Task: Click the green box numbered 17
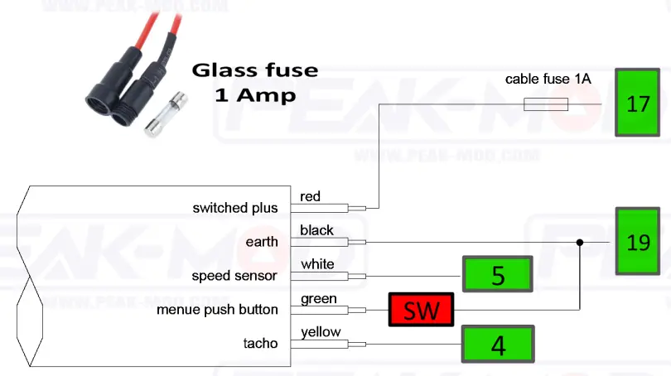pos(638,104)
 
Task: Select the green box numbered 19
pos(638,241)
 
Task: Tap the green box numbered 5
pos(498,275)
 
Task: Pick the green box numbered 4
pos(498,344)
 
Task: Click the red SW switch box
pos(421,310)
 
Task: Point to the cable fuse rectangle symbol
pos(546,104)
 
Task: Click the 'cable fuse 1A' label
pos(548,80)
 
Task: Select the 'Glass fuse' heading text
pos(254,70)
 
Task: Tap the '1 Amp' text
pos(254,94)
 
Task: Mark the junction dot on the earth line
pos(579,242)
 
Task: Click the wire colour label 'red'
pos(310,196)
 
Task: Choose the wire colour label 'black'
pos(316,230)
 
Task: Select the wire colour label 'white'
pos(317,264)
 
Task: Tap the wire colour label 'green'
pos(318,298)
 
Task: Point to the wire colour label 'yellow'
pos(321,332)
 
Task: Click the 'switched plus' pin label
pos(235,208)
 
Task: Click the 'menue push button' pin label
pos(217,310)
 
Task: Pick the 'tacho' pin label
pos(260,344)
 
